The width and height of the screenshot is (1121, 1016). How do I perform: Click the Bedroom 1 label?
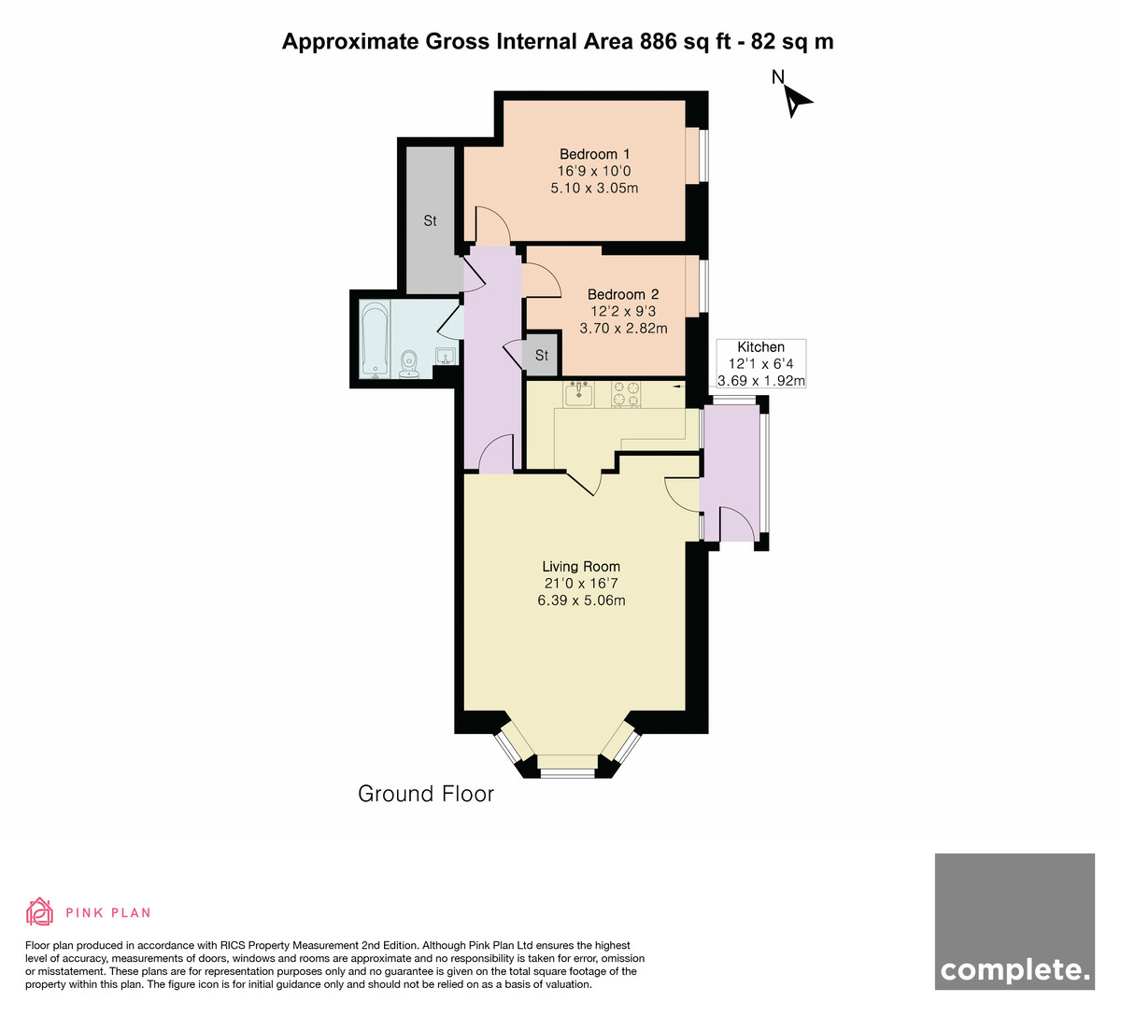pos(594,154)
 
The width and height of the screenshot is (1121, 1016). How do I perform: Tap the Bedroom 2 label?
pos(623,294)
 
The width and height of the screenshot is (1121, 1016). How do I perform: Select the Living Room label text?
pos(581,566)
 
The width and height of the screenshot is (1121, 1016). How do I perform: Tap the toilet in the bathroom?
pos(409,364)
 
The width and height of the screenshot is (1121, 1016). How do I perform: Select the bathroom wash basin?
pos(446,356)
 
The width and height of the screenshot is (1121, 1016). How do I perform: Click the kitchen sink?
pos(579,393)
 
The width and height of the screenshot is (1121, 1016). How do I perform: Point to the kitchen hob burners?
pos(626,393)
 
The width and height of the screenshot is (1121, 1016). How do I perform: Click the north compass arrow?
pos(797,102)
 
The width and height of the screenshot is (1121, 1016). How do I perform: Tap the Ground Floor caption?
pos(426,794)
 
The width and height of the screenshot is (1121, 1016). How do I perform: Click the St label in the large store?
pos(430,220)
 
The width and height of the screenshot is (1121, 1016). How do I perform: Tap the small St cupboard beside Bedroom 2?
pos(540,354)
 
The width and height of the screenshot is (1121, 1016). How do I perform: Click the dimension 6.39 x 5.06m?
pos(581,600)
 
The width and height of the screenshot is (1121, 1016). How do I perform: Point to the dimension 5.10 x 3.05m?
pos(594,188)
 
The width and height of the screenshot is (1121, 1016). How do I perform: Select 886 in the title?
pos(659,41)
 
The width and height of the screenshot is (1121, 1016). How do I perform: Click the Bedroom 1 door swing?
pos(493,225)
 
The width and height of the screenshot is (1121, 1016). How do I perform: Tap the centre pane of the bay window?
pos(567,773)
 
